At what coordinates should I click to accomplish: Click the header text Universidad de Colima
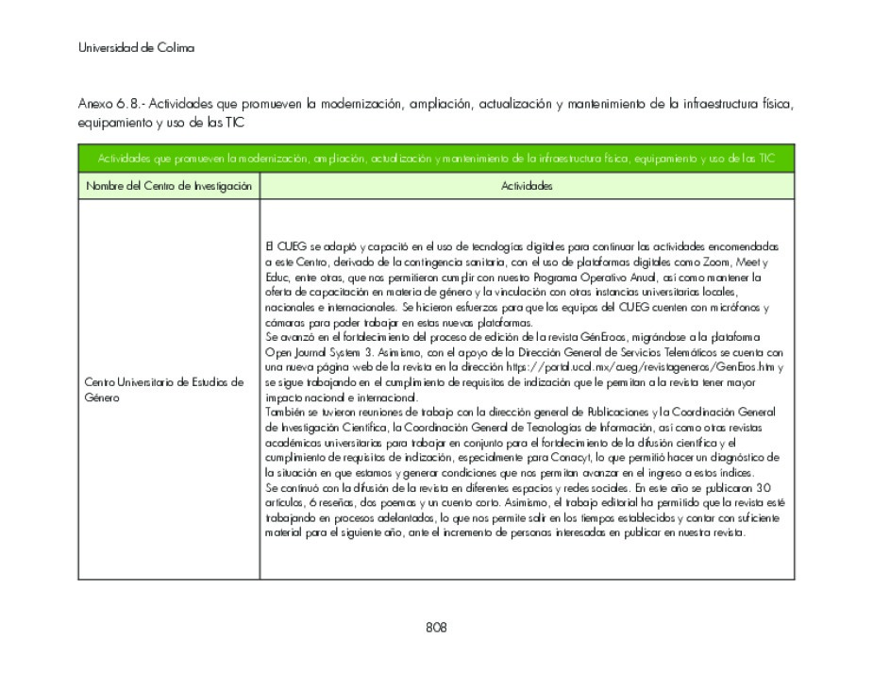pos(136,48)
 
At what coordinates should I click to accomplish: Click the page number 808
pos(436,628)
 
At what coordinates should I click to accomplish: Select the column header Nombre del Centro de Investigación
pos(169,187)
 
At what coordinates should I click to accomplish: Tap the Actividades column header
pos(527,187)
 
